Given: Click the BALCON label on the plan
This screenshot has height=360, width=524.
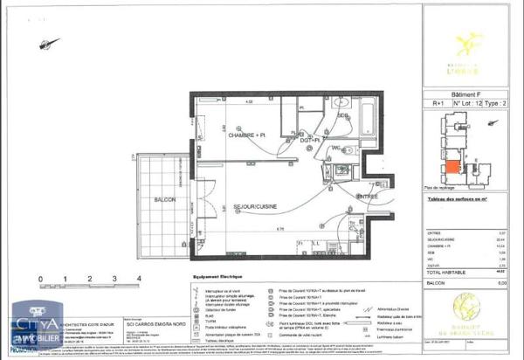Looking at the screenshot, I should click(x=163, y=200).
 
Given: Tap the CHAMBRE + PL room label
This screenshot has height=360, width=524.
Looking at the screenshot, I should click(x=247, y=135).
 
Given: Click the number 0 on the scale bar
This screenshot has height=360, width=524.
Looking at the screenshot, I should click(x=41, y=280).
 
